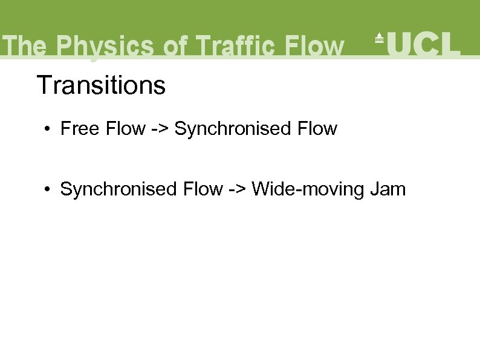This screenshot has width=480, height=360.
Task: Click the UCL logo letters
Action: click(424, 44)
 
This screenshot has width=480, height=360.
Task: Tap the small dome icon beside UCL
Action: click(380, 38)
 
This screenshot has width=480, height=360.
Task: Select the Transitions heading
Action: click(101, 85)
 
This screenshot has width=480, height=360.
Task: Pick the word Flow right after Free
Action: click(126, 129)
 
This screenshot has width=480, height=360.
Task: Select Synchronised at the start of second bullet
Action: click(119, 189)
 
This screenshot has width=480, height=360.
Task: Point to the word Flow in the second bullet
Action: click(203, 189)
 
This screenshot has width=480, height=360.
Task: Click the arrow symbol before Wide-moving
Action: click(238, 190)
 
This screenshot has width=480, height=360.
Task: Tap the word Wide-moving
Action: click(308, 189)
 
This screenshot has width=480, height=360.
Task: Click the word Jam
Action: click(388, 189)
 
